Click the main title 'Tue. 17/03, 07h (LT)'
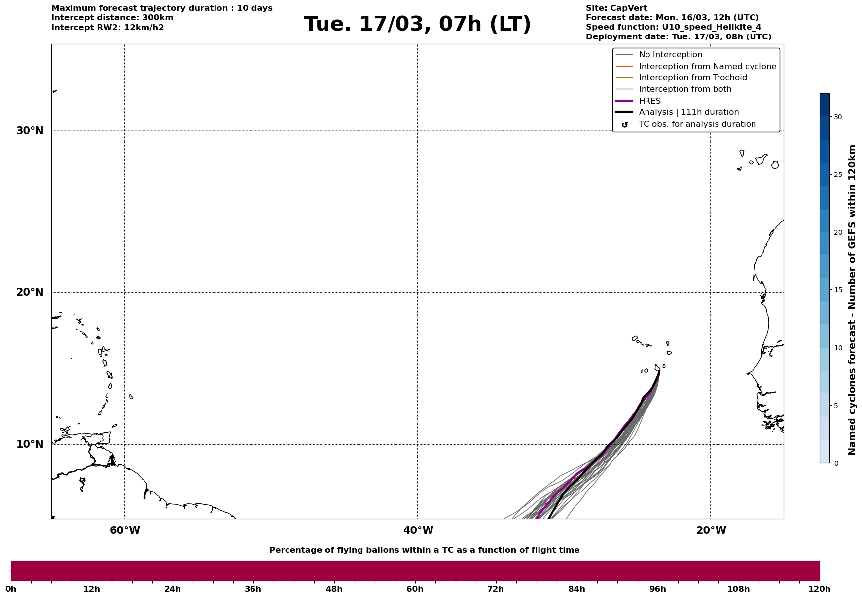point(417,24)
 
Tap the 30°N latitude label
point(30,131)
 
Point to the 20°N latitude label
point(30,292)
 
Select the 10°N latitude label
point(30,444)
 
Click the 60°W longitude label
point(125,530)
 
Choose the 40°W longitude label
point(418,530)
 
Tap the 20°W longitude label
point(711,530)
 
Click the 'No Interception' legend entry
point(670,55)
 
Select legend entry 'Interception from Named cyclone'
point(707,67)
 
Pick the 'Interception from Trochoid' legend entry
point(692,78)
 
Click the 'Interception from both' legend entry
point(685,89)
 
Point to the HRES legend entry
point(649,101)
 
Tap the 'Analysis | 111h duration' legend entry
point(688,112)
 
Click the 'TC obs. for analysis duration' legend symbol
point(625,125)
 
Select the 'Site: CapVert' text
point(616,8)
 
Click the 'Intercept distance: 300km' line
point(112,18)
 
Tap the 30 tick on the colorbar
point(837,117)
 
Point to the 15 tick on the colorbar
point(837,290)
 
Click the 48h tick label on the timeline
point(334,589)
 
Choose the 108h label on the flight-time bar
point(738,589)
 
